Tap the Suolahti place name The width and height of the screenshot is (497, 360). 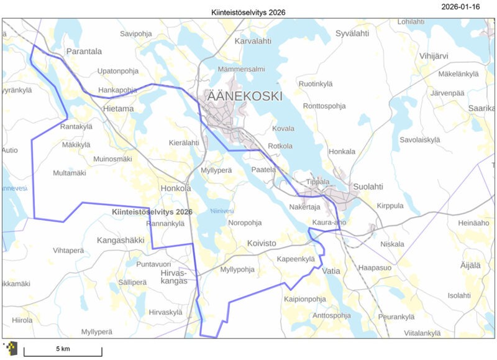coord(368,186)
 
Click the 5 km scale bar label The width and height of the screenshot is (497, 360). coord(62,349)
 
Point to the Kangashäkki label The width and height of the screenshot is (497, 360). coord(120,239)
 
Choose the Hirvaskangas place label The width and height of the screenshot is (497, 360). coord(173,277)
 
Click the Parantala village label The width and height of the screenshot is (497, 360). coord(84,52)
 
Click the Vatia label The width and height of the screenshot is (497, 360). coord(332,271)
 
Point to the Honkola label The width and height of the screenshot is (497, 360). coord(175,188)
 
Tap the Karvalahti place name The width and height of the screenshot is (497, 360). coord(253,41)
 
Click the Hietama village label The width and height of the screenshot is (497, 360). coord(118,109)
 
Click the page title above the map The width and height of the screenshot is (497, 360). coord(248,12)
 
